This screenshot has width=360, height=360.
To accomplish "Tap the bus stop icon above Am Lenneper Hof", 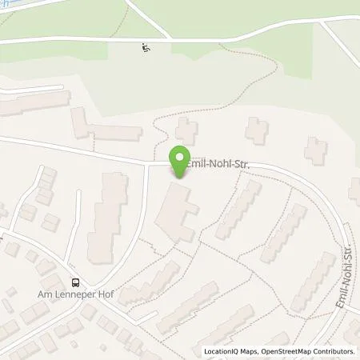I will pos(76,282).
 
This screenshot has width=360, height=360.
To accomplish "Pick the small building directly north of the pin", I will pos(187,130).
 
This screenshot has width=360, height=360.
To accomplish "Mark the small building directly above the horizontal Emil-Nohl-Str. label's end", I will pos(257,130).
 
